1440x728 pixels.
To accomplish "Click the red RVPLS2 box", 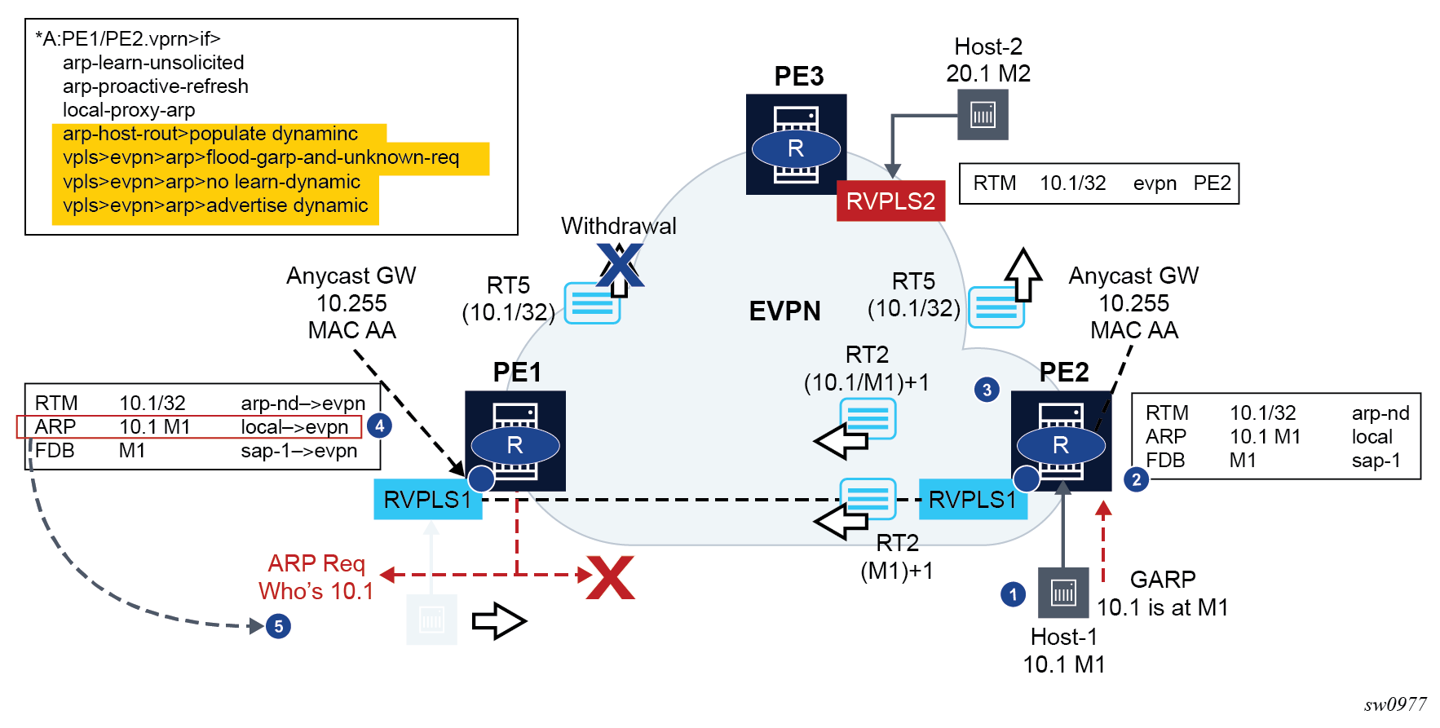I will click(890, 201).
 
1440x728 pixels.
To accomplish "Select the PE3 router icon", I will click(796, 144).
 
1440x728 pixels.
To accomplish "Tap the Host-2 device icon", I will click(983, 114).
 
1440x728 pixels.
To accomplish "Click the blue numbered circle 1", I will click(1013, 594).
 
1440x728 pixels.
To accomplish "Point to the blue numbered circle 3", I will click(987, 390).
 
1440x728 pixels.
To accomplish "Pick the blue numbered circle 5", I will click(278, 626).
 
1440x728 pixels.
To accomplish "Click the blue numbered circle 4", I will click(379, 426).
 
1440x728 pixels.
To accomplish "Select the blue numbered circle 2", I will click(1136, 479).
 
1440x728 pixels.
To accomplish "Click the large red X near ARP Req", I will click(611, 578).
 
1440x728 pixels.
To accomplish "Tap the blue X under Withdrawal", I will click(620, 265).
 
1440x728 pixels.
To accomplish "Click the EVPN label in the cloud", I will click(784, 311).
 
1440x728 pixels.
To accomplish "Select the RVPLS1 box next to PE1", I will click(427, 499).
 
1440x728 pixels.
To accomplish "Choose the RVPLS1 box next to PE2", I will click(972, 499).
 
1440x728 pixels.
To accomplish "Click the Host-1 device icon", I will click(1063, 593).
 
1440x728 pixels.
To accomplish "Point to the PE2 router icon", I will click(1061, 441).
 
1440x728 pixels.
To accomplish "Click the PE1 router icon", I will click(515, 441).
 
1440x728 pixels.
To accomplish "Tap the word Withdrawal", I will click(618, 226).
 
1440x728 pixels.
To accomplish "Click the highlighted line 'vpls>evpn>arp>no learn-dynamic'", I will click(211, 181).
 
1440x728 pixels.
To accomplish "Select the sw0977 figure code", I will click(1395, 704).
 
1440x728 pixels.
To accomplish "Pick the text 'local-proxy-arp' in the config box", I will click(129, 110).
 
